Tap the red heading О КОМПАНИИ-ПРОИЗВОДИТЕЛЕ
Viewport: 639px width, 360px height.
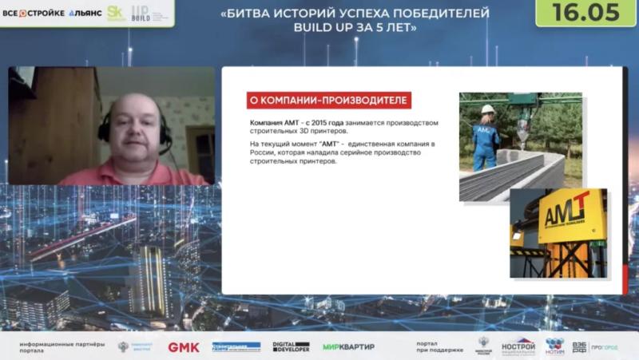(328, 101)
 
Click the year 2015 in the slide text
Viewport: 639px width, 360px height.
(314, 122)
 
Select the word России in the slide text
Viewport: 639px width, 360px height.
(265, 152)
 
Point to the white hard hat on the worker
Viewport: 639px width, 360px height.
(487, 109)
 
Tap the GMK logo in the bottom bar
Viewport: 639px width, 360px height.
(184, 347)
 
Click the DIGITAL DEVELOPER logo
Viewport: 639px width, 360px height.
(291, 347)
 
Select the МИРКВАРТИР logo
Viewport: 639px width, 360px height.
(348, 347)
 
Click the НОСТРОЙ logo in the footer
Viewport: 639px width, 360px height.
(518, 346)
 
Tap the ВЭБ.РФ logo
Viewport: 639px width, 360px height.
(579, 347)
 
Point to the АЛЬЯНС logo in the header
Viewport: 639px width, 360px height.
(85, 13)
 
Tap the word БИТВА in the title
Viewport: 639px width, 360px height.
(248, 13)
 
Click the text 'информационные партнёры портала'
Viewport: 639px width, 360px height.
(62, 347)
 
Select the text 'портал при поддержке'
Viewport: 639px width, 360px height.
(439, 347)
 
